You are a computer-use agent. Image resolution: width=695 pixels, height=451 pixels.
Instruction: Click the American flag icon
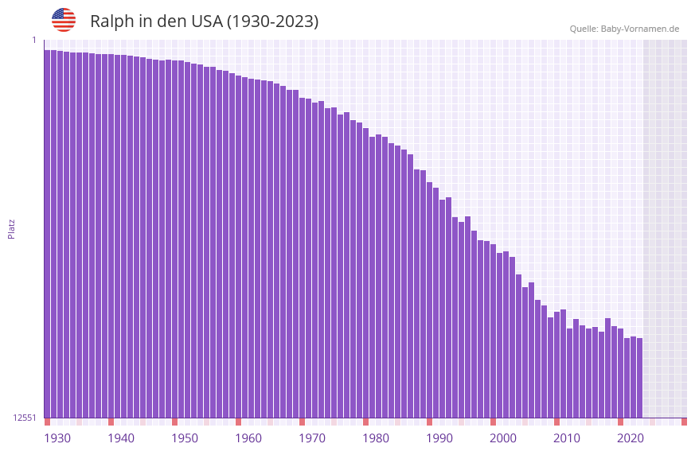(64, 20)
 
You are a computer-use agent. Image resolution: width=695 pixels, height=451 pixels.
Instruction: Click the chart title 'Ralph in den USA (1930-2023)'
(204, 21)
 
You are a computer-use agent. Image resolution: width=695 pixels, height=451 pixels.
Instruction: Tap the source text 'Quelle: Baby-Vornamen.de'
(624, 29)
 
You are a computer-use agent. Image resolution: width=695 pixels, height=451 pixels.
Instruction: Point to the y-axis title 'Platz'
(11, 228)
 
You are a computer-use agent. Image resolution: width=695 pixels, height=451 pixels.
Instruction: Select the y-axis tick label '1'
(34, 40)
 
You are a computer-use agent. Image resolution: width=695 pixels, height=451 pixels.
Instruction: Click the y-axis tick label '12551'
(25, 418)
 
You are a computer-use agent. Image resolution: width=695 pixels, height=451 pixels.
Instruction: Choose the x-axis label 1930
(57, 438)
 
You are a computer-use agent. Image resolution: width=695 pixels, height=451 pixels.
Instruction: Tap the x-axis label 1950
(185, 438)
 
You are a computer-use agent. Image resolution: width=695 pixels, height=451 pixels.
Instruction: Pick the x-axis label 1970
(312, 438)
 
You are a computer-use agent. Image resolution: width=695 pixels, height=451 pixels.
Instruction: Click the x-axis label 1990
(439, 438)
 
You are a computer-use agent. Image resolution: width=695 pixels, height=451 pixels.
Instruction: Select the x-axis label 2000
(503, 438)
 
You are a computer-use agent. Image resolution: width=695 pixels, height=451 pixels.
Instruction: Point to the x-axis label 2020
(631, 438)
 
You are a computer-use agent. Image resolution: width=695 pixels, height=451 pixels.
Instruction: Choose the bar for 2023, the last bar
(639, 378)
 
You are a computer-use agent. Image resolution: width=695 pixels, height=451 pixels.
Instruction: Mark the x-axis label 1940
(121, 438)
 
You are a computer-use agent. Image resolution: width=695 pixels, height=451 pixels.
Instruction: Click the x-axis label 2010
(567, 438)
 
